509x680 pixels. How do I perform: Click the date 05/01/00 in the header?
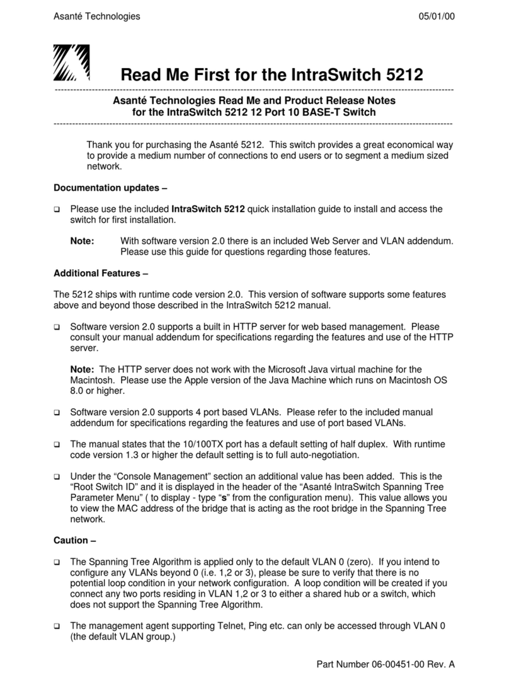[x=434, y=16]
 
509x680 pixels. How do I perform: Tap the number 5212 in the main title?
[x=400, y=74]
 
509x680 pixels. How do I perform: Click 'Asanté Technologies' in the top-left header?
[x=97, y=16]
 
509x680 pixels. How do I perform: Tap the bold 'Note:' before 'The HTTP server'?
[x=83, y=369]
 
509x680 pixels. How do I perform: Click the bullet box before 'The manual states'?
[x=57, y=445]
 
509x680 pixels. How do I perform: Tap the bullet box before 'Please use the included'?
[x=57, y=209]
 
